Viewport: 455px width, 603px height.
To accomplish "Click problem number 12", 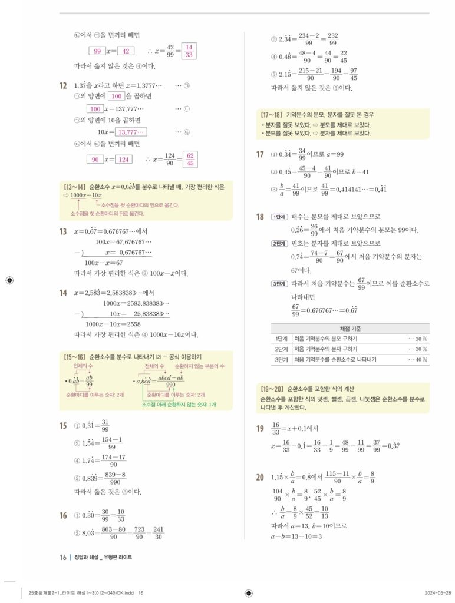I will point(62,86).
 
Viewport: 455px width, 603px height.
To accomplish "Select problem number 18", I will point(260,217).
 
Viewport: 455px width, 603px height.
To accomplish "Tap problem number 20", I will point(260,477).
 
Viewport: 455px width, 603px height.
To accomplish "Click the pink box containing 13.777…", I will point(133,132).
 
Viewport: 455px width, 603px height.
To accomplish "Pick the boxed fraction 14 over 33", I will point(190,51).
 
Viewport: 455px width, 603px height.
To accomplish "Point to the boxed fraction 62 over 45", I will point(190,159).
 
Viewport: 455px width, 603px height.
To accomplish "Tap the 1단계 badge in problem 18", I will point(279,217).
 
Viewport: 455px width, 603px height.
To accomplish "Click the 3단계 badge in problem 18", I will point(279,283).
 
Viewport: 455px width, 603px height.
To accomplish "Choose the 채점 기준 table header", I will point(350,329).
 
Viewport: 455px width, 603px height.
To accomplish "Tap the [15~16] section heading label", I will point(74,357).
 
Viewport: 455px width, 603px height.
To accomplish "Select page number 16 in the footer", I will point(62,557).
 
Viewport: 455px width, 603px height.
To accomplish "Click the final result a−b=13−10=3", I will point(296,536).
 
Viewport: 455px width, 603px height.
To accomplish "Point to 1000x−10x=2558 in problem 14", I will point(113,324).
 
